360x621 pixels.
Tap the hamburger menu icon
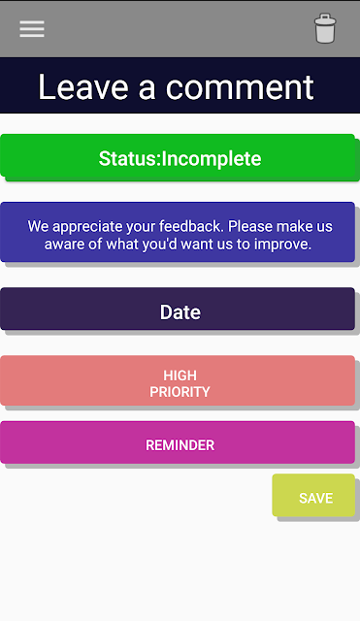click(32, 29)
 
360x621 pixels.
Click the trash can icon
click(325, 28)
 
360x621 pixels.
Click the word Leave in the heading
click(83, 87)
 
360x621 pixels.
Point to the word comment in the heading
click(240, 87)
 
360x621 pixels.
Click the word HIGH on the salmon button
click(180, 376)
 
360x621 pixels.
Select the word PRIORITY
click(180, 392)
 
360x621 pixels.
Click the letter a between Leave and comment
click(147, 89)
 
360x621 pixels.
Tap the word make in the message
click(294, 226)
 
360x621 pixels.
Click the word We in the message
click(38, 226)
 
